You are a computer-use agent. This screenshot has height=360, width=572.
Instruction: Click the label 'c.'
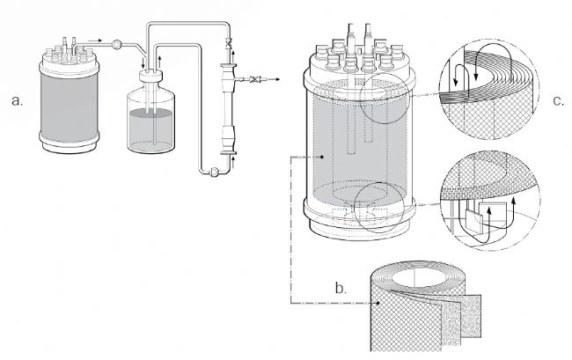pyautogui.click(x=557, y=100)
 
